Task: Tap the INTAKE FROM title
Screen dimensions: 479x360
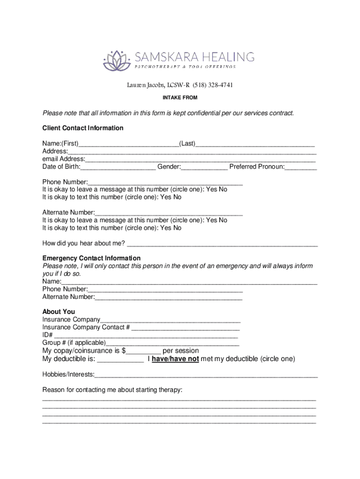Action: (180, 98)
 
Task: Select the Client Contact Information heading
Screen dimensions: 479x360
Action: (83, 128)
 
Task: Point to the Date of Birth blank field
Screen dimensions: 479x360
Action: (118, 167)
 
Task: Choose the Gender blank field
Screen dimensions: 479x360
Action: (204, 167)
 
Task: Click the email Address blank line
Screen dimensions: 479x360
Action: (201, 160)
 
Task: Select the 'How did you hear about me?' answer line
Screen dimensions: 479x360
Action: (223, 243)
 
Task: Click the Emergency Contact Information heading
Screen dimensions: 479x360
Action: (91, 258)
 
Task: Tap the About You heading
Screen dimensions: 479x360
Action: (58, 312)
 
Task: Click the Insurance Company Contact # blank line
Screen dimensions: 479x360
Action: (186, 328)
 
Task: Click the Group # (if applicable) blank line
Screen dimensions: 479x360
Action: (173, 343)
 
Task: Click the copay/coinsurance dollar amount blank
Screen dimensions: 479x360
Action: (144, 351)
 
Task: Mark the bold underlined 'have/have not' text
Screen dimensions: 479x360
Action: (175, 359)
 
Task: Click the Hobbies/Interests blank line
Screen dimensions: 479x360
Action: (206, 375)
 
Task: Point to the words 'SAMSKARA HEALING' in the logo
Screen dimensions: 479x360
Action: (194, 57)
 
